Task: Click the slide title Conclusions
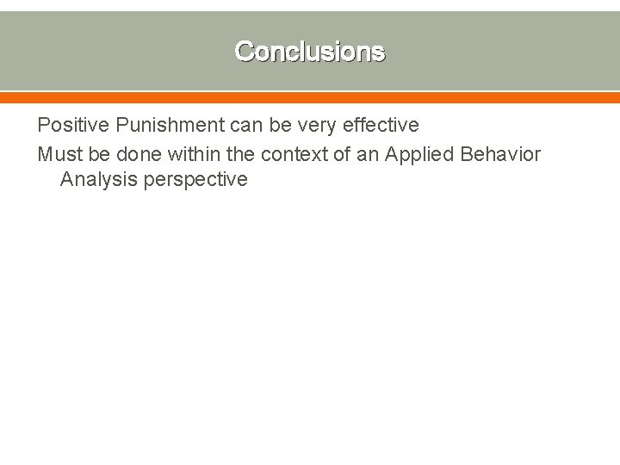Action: click(x=310, y=52)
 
